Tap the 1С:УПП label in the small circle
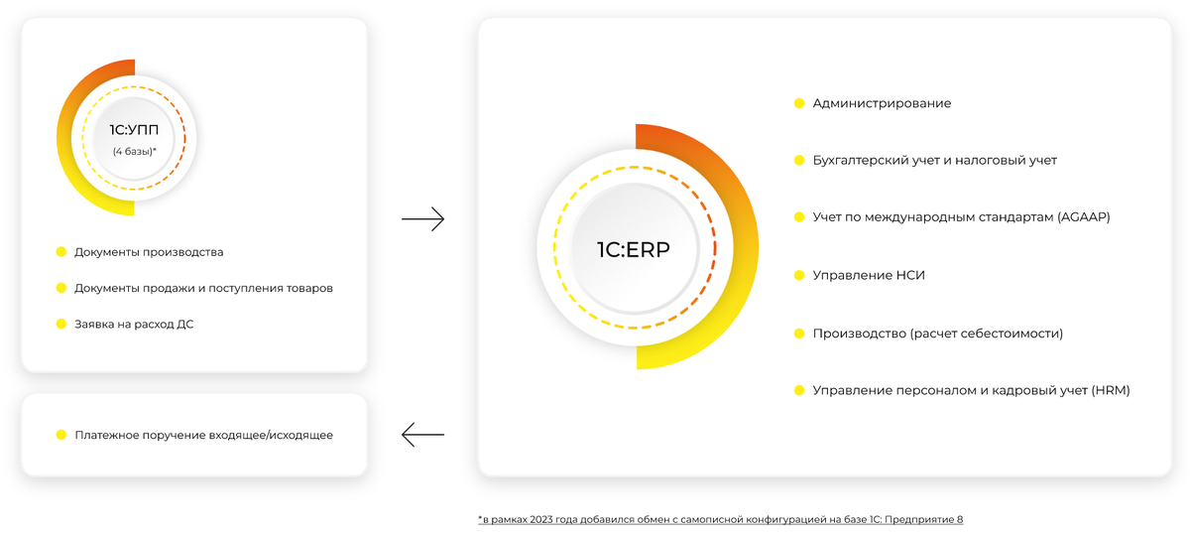pos(135,130)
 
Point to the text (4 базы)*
pos(135,151)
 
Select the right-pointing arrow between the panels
pos(422,219)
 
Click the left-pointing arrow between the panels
pos(422,434)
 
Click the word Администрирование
pos(882,103)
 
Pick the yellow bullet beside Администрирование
pos(799,103)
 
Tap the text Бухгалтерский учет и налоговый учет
pos(934,160)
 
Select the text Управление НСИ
pos(869,275)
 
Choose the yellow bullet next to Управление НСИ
pos(799,275)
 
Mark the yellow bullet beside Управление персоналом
pos(799,390)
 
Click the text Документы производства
pos(149,252)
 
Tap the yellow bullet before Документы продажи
pos(61,288)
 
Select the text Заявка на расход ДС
pos(134,324)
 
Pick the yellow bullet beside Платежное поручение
pos(61,435)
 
